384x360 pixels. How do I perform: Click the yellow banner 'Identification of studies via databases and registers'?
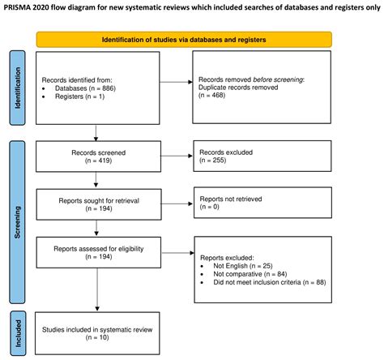click(183, 39)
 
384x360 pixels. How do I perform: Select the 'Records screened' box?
click(97, 154)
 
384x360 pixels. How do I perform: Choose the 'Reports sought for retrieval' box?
click(97, 203)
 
